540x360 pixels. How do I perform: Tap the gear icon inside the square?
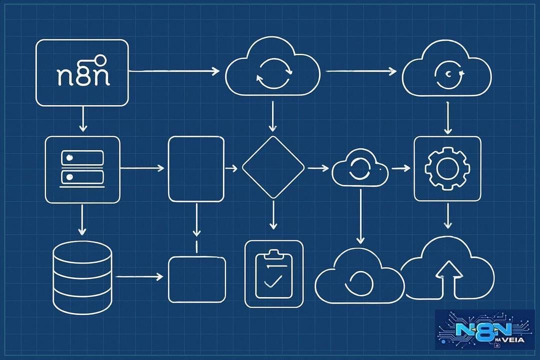[x=447, y=168]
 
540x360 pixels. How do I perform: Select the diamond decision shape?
[x=273, y=167]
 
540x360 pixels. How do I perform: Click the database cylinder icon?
[x=82, y=275]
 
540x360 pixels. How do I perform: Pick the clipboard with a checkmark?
[x=274, y=274]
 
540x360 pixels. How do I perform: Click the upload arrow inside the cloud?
[x=448, y=279]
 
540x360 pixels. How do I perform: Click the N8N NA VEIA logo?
[x=485, y=329]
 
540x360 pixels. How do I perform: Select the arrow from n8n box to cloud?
[x=174, y=71]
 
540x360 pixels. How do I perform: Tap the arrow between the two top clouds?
[x=361, y=71]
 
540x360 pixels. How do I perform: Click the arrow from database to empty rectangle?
[x=139, y=276]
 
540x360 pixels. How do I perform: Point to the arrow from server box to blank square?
[x=142, y=168]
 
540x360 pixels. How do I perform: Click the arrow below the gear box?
[x=447, y=216]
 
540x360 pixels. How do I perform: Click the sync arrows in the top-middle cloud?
[x=274, y=73]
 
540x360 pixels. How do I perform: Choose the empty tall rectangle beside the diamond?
[x=196, y=169]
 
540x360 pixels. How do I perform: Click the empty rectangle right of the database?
[x=196, y=279]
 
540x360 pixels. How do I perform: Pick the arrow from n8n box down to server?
[x=82, y=119]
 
